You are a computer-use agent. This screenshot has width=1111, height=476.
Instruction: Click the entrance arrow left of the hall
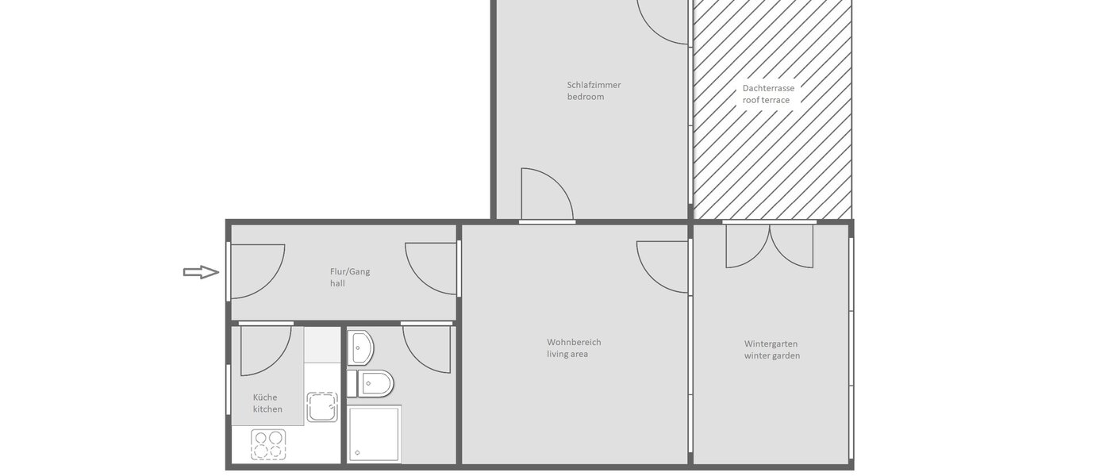pyautogui.click(x=201, y=272)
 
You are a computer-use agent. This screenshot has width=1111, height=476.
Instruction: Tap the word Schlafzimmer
pyautogui.click(x=594, y=85)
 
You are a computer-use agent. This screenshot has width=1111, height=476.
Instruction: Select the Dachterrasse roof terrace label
pyautogui.click(x=768, y=94)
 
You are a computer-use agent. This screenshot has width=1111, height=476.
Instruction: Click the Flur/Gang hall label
pyautogui.click(x=350, y=277)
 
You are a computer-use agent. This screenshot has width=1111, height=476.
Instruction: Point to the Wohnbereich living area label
pyautogui.click(x=574, y=348)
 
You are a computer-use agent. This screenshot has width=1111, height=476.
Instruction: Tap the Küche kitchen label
pyautogui.click(x=267, y=403)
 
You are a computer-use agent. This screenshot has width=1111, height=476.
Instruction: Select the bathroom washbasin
pyautogui.click(x=360, y=346)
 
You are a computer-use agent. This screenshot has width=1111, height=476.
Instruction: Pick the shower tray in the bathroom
pyautogui.click(x=374, y=433)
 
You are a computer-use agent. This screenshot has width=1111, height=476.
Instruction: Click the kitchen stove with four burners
pyautogui.click(x=269, y=444)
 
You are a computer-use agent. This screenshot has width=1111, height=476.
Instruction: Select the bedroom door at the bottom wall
pyautogui.click(x=545, y=195)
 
